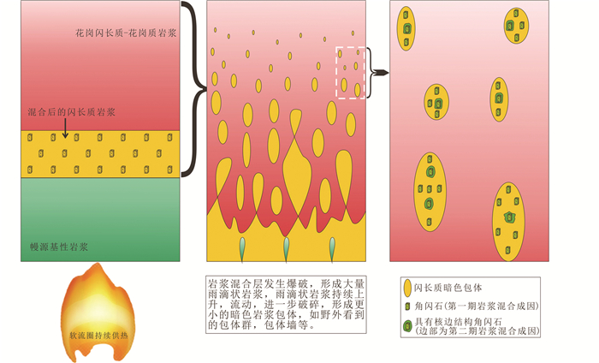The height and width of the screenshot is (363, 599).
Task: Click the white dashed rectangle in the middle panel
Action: pos(351,73)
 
